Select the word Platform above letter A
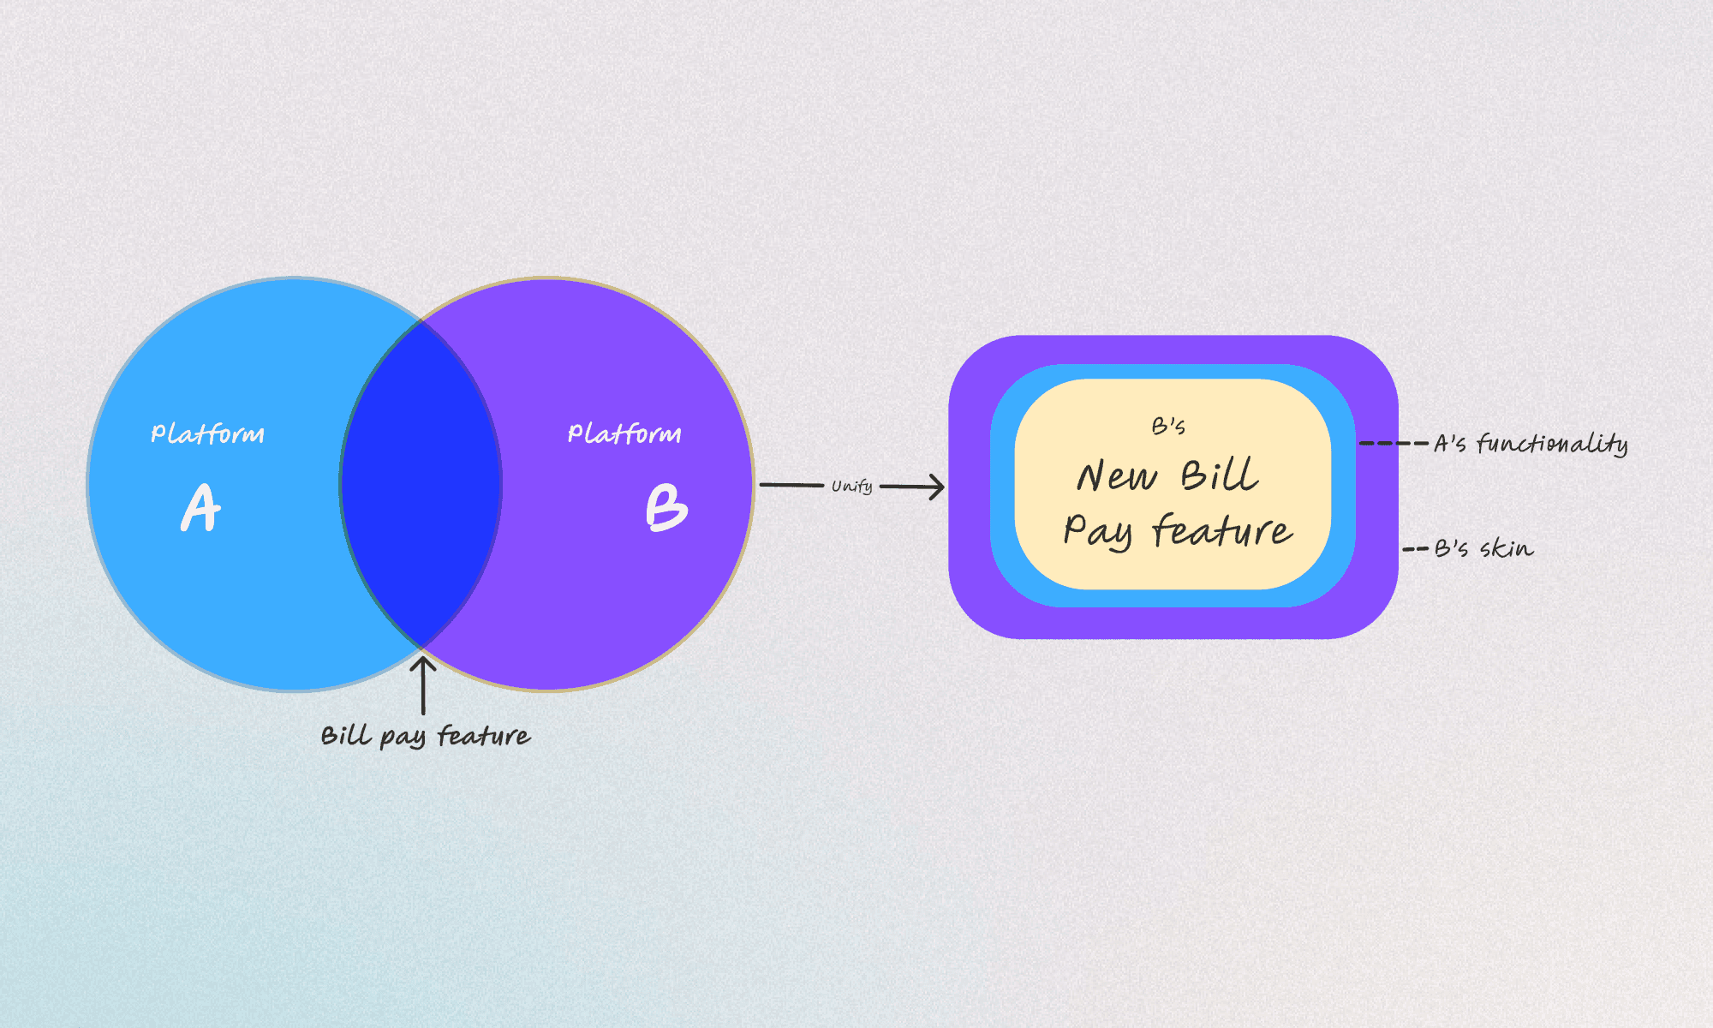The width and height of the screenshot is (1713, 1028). pyautogui.click(x=207, y=433)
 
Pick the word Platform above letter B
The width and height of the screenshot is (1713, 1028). pyautogui.click(x=624, y=433)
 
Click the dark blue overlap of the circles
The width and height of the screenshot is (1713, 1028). pyautogui.click(x=421, y=484)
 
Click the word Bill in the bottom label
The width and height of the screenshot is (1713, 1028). pyautogui.click(x=346, y=736)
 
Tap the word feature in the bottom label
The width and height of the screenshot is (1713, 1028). pyautogui.click(x=484, y=736)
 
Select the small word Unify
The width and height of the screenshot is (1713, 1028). pyautogui.click(x=851, y=487)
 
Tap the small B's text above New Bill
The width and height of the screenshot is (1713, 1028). pyautogui.click(x=1168, y=427)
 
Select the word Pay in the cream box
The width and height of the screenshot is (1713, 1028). pyautogui.click(x=1098, y=531)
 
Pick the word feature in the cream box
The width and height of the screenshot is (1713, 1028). pyautogui.click(x=1222, y=531)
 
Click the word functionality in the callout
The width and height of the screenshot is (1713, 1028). pyautogui.click(x=1552, y=444)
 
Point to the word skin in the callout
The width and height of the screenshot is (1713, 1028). pyautogui.click(x=1507, y=548)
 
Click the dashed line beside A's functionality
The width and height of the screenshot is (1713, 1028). pyautogui.click(x=1394, y=444)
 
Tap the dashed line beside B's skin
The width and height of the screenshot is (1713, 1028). pyautogui.click(x=1416, y=548)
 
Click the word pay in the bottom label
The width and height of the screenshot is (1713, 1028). pyautogui.click(x=402, y=738)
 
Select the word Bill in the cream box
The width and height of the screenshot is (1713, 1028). pyautogui.click(x=1220, y=475)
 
